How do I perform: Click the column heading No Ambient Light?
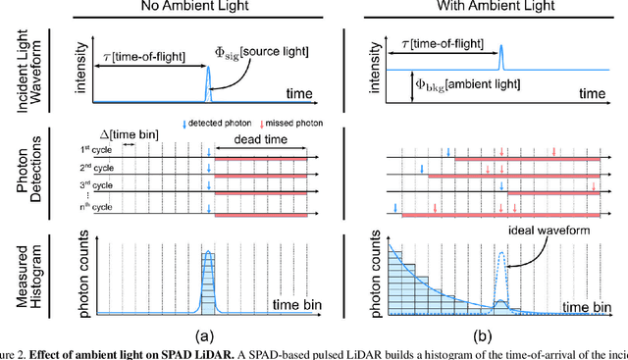pos(191,9)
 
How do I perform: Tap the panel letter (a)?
pos(208,334)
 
